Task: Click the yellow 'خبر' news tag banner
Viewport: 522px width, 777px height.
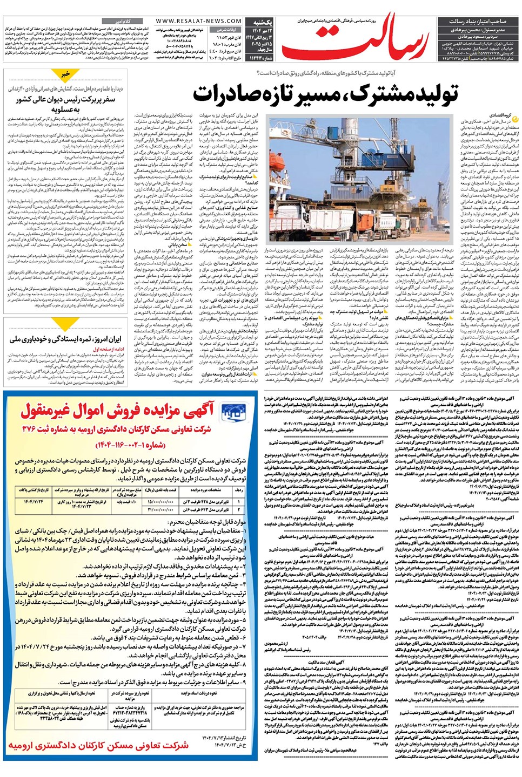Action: click(x=65, y=74)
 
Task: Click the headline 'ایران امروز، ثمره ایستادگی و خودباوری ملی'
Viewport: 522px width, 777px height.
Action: click(x=65, y=339)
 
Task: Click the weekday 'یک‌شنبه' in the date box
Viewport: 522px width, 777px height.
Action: click(x=263, y=23)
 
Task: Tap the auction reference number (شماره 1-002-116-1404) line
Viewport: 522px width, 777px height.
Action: click(x=130, y=445)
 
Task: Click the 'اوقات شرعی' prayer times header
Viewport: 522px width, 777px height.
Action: click(x=227, y=30)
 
